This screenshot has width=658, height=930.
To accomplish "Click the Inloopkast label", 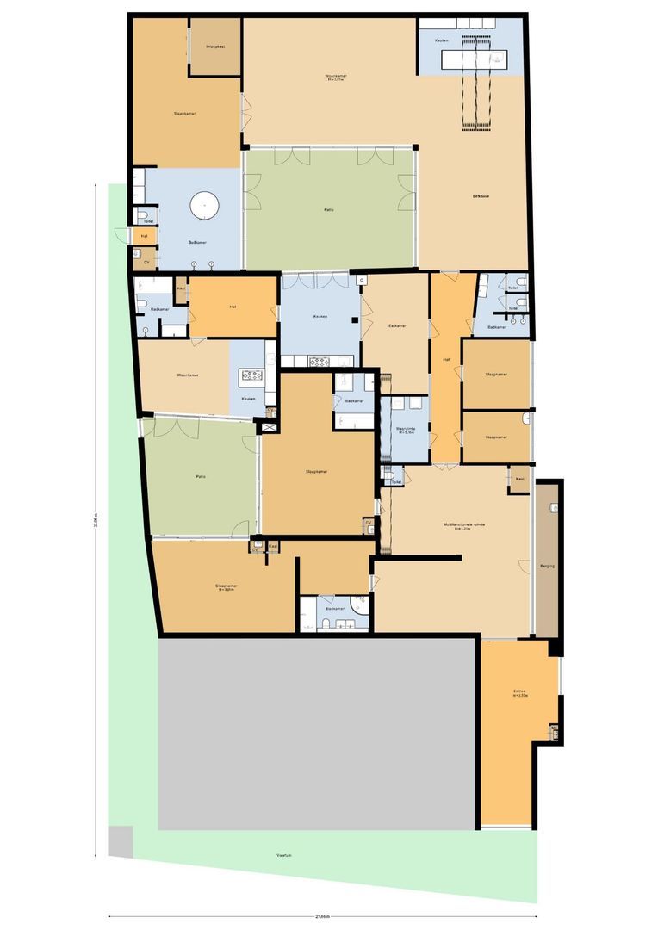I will [215, 46].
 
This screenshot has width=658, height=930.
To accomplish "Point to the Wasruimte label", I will [405, 430].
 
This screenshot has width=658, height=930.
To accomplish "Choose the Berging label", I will [548, 567].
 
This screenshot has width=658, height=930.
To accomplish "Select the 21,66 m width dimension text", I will [322, 916].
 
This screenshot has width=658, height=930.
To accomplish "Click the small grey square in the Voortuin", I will [121, 840].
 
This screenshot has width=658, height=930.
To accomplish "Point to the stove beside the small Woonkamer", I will [252, 375].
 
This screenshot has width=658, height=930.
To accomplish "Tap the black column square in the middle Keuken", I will [354, 320].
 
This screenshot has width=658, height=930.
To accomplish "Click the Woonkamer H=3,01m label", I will [335, 78].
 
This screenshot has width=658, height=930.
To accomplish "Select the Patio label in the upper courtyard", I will [329, 209].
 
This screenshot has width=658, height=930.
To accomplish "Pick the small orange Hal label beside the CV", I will [144, 235].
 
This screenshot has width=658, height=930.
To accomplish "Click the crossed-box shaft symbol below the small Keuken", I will [269, 427].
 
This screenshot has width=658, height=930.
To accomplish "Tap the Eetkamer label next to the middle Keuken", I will [397, 325].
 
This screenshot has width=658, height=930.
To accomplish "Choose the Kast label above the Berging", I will [519, 479].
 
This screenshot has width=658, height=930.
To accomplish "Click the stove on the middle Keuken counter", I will [319, 362].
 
